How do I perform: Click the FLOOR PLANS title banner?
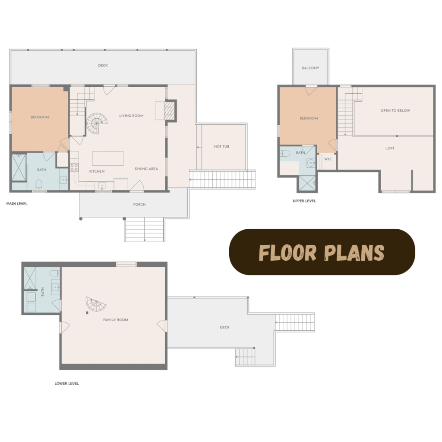(x=322, y=252)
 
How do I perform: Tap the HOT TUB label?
(x=221, y=147)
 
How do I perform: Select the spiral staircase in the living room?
(x=97, y=123)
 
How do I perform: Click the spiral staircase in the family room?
(x=95, y=304)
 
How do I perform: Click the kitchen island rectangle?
(x=108, y=158)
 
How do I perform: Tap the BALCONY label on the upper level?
(x=310, y=68)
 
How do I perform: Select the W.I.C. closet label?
(x=328, y=159)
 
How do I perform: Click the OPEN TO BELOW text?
(x=395, y=110)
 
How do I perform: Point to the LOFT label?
(x=390, y=148)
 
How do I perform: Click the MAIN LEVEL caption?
(x=17, y=204)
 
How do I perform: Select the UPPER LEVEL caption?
(x=304, y=201)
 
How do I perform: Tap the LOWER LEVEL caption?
(x=67, y=383)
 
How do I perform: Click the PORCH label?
(x=139, y=204)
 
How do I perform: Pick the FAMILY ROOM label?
(x=116, y=320)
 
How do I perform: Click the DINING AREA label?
(x=146, y=169)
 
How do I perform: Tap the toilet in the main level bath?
(x=39, y=185)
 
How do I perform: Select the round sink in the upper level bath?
(x=311, y=163)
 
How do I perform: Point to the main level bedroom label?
(x=40, y=117)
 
